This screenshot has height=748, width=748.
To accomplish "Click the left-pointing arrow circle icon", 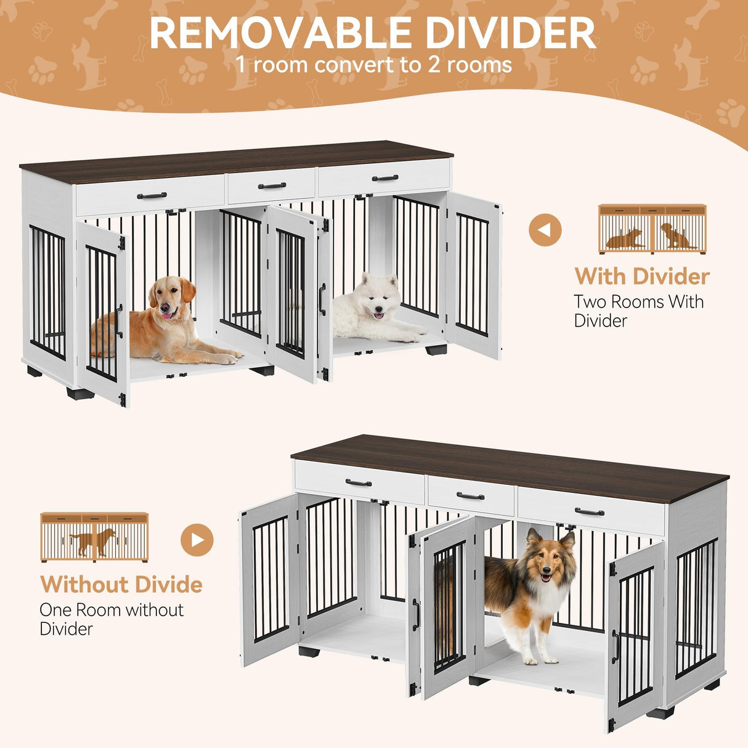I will pos(545,230).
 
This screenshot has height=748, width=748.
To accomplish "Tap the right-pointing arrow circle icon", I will pos(197,540).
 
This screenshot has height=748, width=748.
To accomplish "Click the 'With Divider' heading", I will pos(642,277).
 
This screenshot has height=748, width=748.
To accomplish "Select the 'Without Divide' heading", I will pos(121,584).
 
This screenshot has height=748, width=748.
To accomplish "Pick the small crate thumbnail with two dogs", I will pos(652,229).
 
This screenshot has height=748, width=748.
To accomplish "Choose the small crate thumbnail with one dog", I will pos(94,537).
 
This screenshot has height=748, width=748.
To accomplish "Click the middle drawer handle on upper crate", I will pos(272,185).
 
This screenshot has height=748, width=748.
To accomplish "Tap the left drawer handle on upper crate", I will pos(152,196).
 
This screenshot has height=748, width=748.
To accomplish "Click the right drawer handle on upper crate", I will pos(385,179).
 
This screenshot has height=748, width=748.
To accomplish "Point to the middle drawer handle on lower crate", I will pos(471,496).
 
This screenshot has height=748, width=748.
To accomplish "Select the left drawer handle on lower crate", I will pos(359,482).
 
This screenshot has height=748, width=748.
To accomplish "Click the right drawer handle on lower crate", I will pos(590,511).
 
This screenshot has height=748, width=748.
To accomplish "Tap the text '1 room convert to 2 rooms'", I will pos(373,65).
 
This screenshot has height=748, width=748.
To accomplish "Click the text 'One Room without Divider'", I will pos(112,619).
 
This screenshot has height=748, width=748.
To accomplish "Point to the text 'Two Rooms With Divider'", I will pos(639,311).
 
